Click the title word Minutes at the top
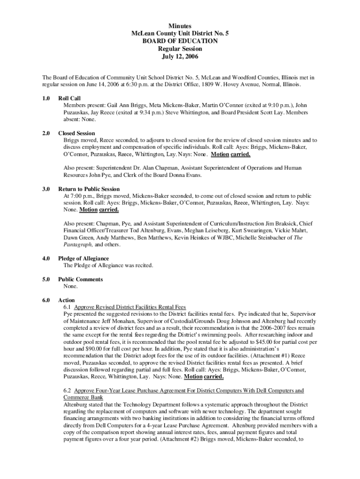point(180,26)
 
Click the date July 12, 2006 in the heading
point(180,56)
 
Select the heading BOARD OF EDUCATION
point(180,41)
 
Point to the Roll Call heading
point(69,98)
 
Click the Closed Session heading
point(76,133)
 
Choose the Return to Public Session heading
point(88,189)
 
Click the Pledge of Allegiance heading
point(83,258)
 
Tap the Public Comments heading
point(80,279)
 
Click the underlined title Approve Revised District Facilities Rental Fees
point(130,307)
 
